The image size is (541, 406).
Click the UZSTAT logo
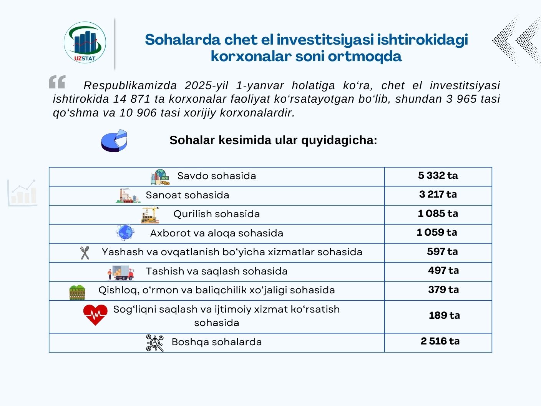(85, 42)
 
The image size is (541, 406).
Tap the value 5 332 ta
(438, 176)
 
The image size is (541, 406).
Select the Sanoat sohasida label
(187, 195)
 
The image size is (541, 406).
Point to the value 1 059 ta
(437, 233)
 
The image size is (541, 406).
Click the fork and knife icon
(85, 253)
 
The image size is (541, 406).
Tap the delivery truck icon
(121, 272)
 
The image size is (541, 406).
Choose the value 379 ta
(443, 290)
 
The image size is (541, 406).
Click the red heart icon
(95, 315)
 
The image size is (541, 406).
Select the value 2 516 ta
(440, 341)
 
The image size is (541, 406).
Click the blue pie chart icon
(114, 141)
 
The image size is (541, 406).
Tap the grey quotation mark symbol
(57, 82)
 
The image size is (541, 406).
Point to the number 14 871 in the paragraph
(132, 99)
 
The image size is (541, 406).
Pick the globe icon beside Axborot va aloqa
(125, 233)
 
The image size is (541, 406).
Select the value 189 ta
(444, 316)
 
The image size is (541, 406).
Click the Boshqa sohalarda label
(216, 342)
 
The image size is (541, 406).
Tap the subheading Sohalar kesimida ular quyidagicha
(273, 140)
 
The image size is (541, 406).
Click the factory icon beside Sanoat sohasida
(128, 196)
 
